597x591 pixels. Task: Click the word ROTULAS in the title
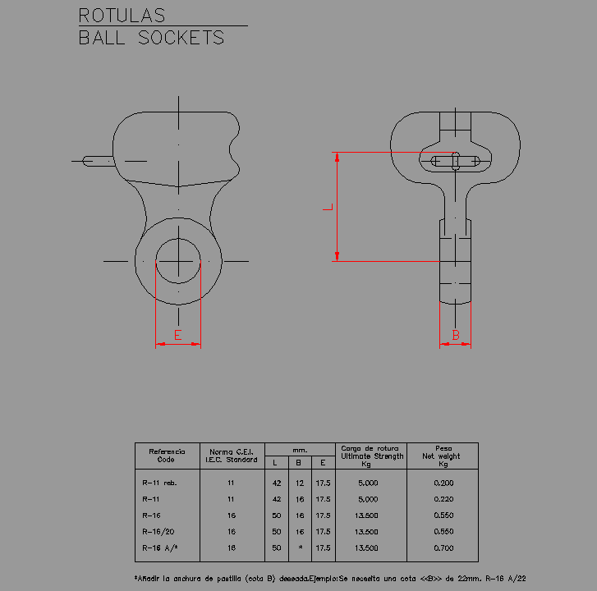[x=122, y=16]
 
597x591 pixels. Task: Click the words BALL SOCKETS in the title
[x=151, y=38]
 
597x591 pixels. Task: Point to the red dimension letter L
[x=327, y=208]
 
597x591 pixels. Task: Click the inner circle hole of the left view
[x=177, y=260]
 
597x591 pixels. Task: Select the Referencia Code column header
[x=167, y=456]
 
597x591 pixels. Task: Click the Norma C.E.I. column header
[x=232, y=456]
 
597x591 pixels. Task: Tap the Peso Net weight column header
[x=443, y=456]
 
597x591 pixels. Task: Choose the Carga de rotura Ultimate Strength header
[x=372, y=456]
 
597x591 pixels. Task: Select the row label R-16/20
[x=157, y=531]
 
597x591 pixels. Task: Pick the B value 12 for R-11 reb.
[x=300, y=483]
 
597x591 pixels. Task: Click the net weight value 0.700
[x=443, y=547]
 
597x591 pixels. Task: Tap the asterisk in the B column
[x=301, y=547]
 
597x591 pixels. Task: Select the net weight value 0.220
[x=443, y=499]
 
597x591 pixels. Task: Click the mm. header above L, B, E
[x=300, y=449]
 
